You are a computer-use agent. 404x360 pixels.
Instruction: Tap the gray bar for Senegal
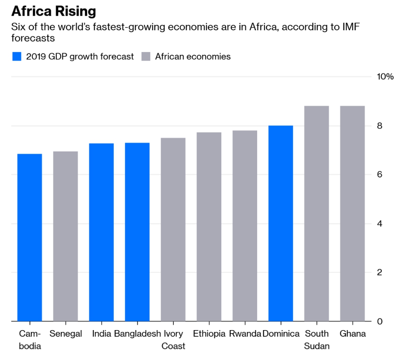(x=65, y=236)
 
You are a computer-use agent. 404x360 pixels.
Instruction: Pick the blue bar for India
(x=101, y=232)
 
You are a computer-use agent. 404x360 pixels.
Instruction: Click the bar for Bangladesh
(x=137, y=232)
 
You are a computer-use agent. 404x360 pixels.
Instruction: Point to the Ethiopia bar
(x=209, y=227)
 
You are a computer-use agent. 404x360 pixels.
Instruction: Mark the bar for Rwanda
(x=245, y=226)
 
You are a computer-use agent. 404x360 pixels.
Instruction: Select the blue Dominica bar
(x=280, y=223)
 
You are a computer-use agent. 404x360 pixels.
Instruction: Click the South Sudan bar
(x=316, y=214)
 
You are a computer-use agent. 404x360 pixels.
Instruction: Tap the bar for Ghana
(x=352, y=214)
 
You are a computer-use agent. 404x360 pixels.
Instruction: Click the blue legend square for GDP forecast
(x=17, y=57)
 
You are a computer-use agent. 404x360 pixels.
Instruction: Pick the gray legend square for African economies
(x=146, y=57)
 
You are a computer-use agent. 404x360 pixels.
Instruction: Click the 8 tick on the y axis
(x=380, y=126)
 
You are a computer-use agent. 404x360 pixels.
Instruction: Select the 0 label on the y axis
(x=380, y=321)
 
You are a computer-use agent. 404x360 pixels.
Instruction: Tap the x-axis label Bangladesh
(x=137, y=334)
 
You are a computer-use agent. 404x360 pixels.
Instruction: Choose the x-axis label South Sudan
(x=317, y=340)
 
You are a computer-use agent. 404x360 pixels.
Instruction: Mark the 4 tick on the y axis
(x=380, y=223)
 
